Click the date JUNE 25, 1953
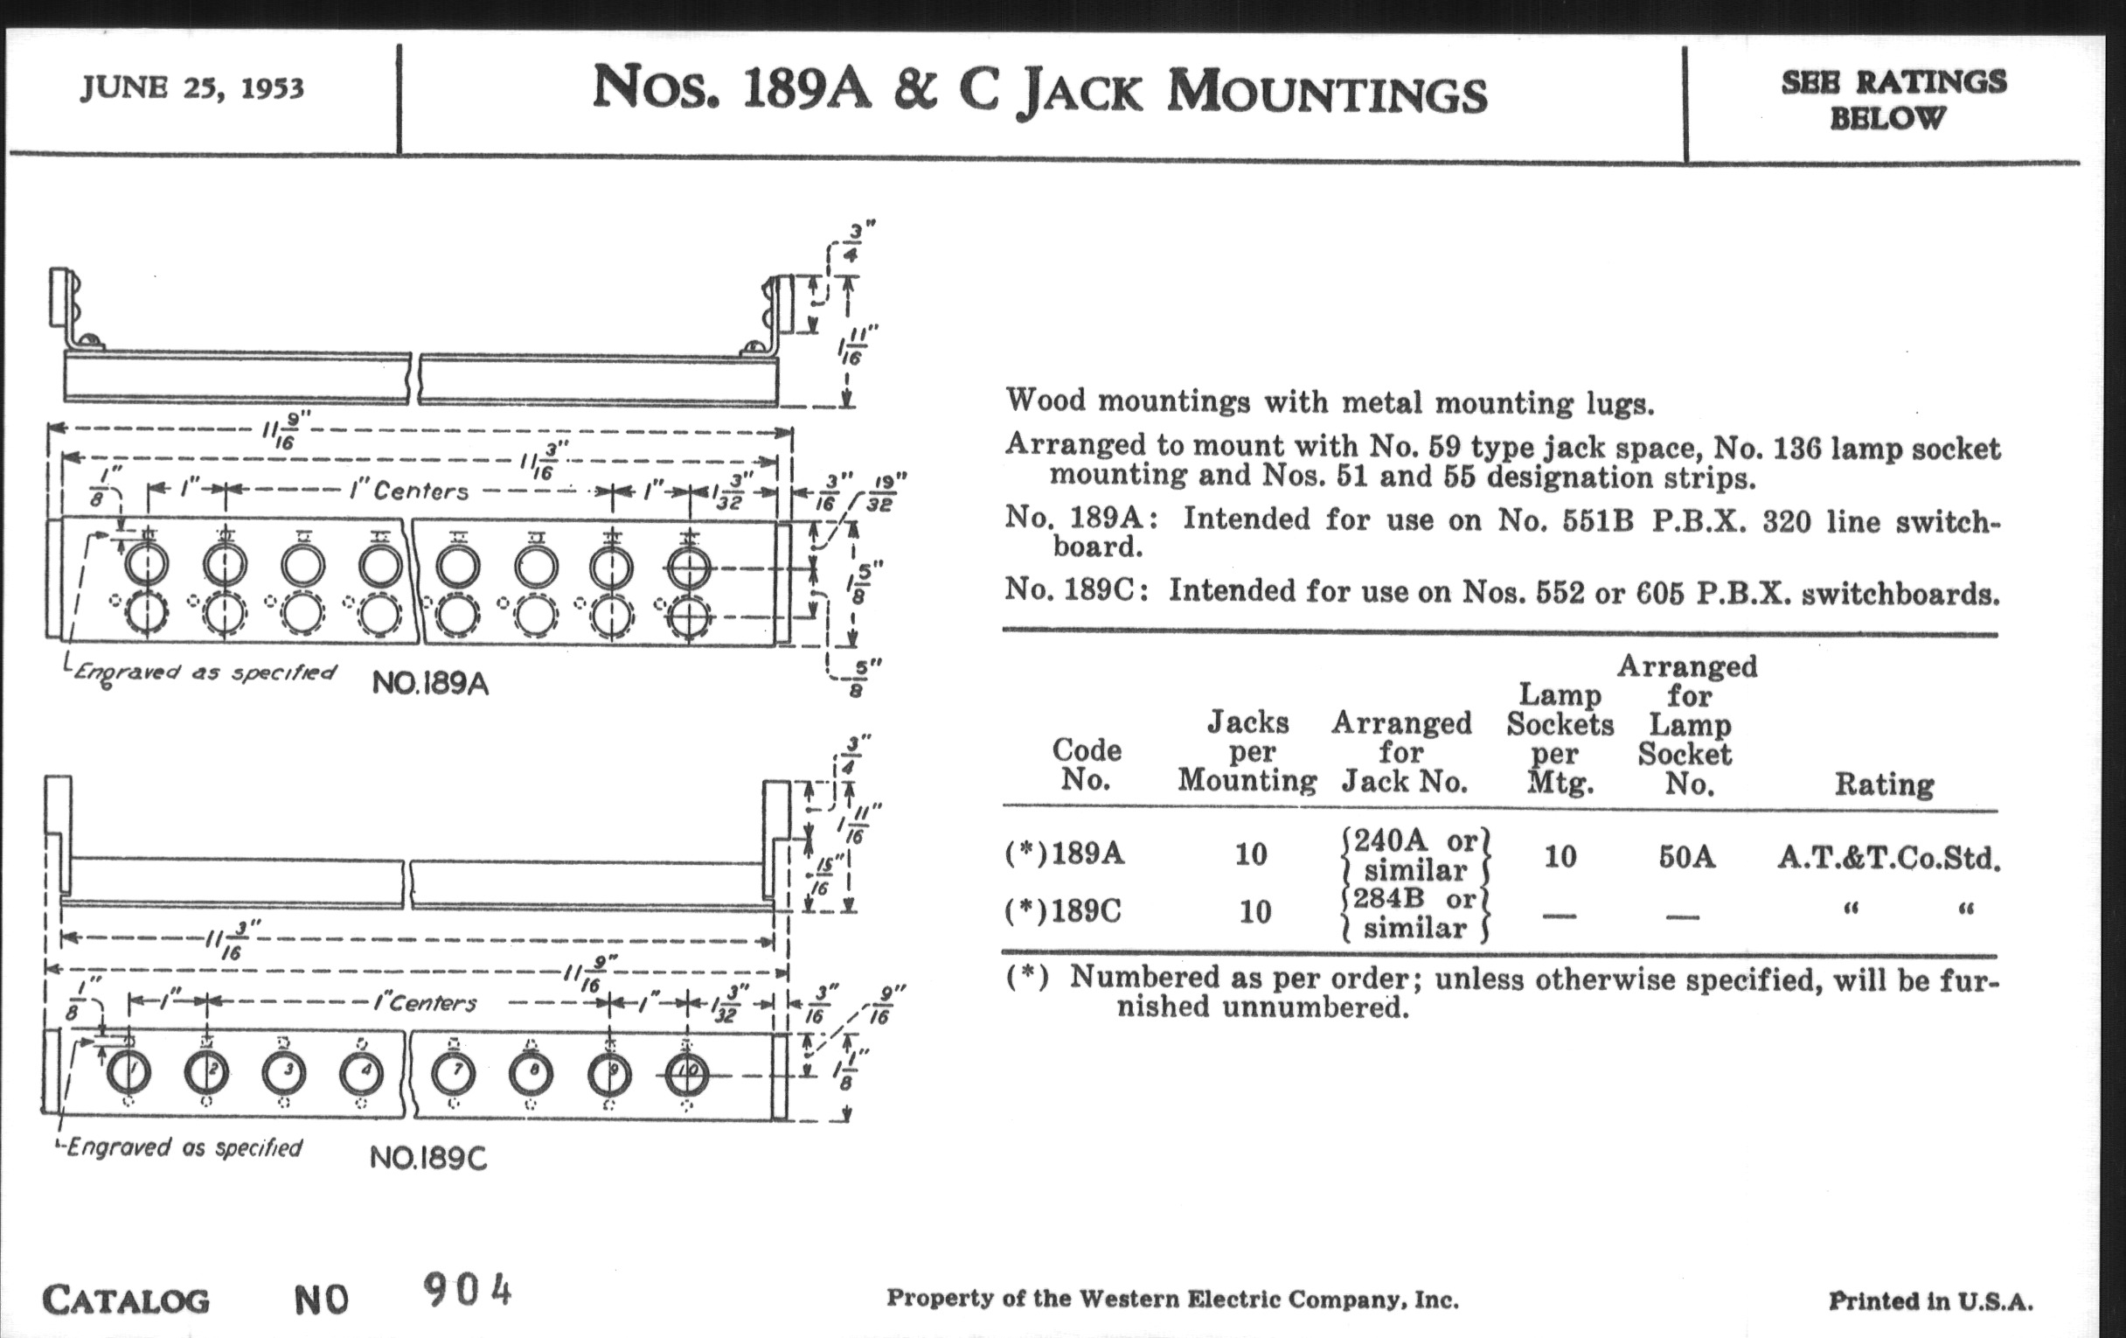192,88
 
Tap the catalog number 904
468,1291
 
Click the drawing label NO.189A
430,684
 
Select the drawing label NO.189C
428,1157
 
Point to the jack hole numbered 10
686,1074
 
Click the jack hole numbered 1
129,1074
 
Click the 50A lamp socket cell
1686,857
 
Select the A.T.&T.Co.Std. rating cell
1888,858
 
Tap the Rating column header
1884,784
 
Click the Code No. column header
1086,765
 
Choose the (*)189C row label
1064,910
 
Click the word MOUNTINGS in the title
1326,93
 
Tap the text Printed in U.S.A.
1931,1301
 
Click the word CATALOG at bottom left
126,1300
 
